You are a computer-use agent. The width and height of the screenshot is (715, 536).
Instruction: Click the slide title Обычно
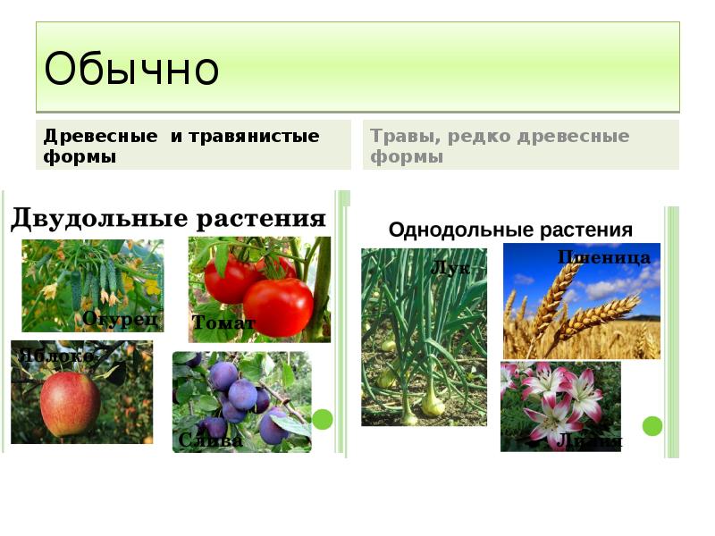click(131, 69)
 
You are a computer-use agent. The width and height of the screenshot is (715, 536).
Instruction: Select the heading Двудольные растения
click(167, 219)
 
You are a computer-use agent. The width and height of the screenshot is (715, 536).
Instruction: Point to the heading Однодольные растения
click(510, 230)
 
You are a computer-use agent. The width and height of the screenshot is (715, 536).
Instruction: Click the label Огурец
click(121, 318)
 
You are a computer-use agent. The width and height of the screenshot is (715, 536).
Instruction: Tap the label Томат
click(223, 323)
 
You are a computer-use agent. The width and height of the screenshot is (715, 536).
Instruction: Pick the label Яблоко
click(55, 356)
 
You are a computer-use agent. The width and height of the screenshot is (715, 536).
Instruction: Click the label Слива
click(211, 440)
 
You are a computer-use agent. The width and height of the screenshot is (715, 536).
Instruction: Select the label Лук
click(450, 267)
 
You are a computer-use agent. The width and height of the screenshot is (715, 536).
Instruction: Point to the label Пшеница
click(604, 258)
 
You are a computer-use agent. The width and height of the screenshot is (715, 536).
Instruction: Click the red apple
click(70, 403)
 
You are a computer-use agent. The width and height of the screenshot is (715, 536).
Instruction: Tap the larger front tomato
click(278, 306)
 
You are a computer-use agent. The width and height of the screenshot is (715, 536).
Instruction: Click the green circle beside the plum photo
click(322, 419)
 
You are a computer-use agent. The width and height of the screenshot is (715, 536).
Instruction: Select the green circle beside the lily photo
click(652, 426)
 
